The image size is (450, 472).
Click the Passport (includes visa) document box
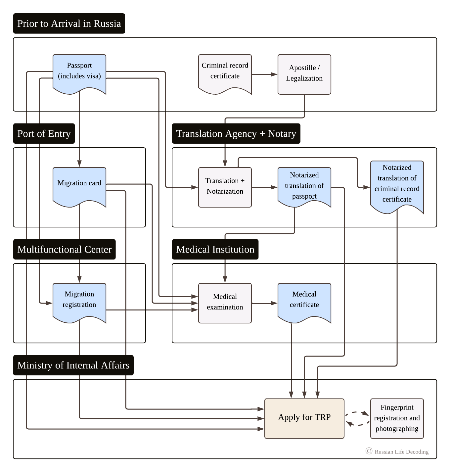click(x=79, y=71)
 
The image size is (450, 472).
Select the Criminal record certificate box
click(x=225, y=71)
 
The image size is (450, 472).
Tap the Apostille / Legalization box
click(x=304, y=74)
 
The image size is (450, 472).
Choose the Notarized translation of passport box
click(x=304, y=186)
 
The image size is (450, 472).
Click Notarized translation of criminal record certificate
click(x=397, y=184)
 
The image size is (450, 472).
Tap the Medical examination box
click(x=225, y=303)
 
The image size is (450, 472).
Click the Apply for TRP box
click(x=304, y=418)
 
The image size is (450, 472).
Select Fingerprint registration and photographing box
click(x=397, y=418)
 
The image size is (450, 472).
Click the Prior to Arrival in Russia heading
click(x=69, y=24)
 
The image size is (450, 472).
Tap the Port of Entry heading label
click(x=44, y=134)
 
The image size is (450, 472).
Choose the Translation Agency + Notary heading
click(x=236, y=134)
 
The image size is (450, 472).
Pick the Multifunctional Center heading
click(x=65, y=250)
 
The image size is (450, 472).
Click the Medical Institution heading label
click(x=215, y=250)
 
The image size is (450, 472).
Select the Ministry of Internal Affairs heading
click(x=73, y=365)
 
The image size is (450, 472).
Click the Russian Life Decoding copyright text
click(x=401, y=452)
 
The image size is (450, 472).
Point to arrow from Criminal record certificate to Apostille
click(x=265, y=74)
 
